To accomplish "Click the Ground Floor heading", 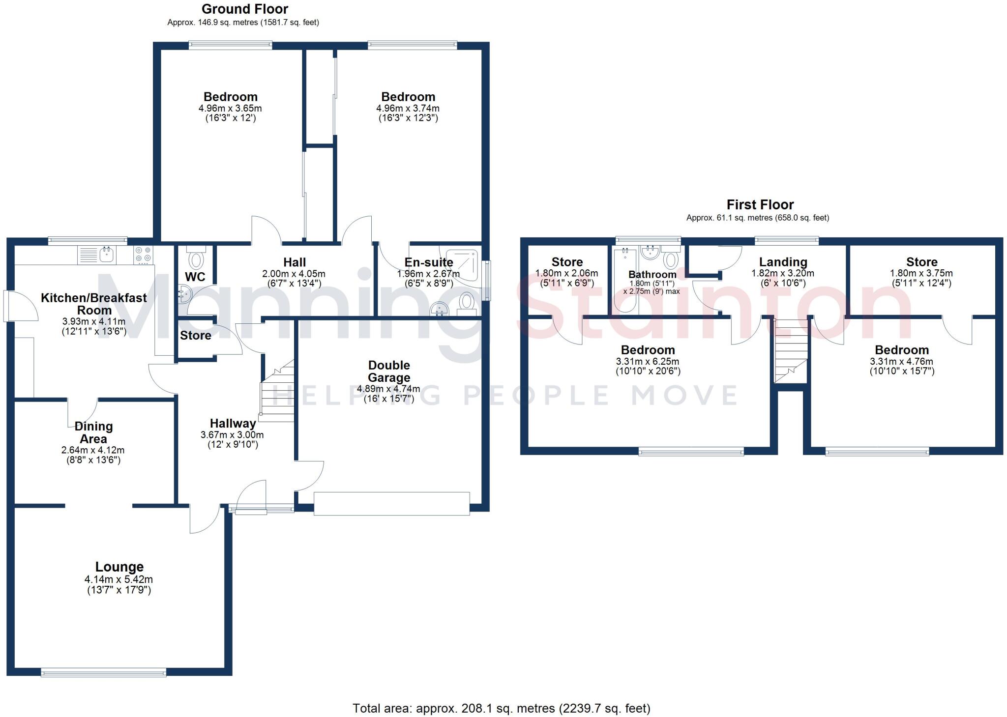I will pyautogui.click(x=244, y=9).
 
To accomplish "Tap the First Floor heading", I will pyautogui.click(x=760, y=204).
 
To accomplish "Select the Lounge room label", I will pyautogui.click(x=119, y=567).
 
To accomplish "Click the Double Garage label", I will pyautogui.click(x=389, y=372).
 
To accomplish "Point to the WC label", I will pyautogui.click(x=195, y=277).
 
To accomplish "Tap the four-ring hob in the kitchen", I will pyautogui.click(x=143, y=255).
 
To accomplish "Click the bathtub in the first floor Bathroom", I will pyautogui.click(x=625, y=280).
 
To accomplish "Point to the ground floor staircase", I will pyautogui.click(x=277, y=393).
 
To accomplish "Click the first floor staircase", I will pyautogui.click(x=791, y=351).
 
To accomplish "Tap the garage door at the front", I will pyautogui.click(x=391, y=504).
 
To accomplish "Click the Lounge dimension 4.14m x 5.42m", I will pyautogui.click(x=119, y=580).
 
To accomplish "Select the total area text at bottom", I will pyautogui.click(x=501, y=708).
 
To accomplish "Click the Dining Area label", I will pyautogui.click(x=93, y=432).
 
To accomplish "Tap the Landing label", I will pyautogui.click(x=783, y=262).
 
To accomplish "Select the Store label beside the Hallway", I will pyautogui.click(x=195, y=335).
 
